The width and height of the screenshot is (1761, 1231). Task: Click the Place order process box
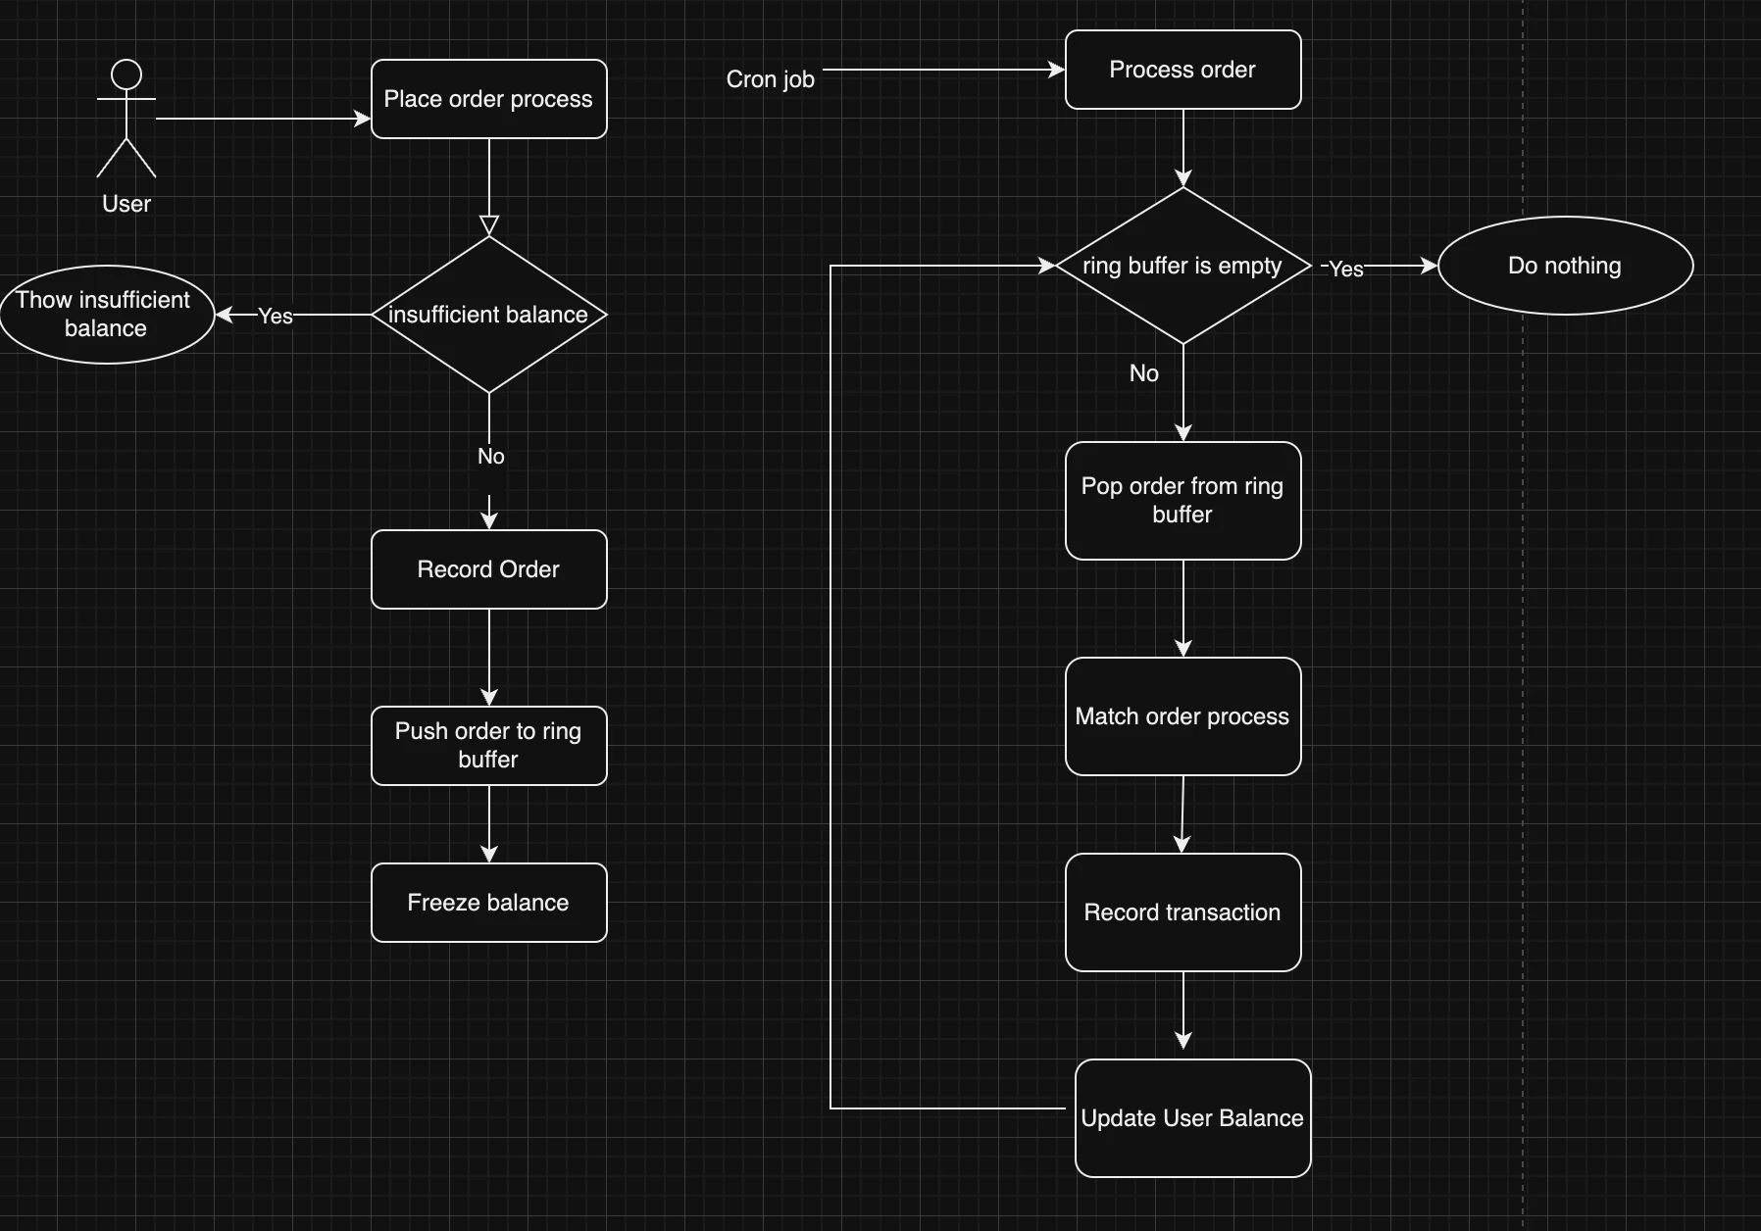pyautogui.click(x=488, y=99)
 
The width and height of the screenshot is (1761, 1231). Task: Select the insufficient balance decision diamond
pyautogui.click(x=488, y=315)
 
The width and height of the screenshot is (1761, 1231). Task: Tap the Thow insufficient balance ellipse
pyautogui.click(x=106, y=315)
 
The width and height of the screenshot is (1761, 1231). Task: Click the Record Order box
pyautogui.click(x=488, y=569)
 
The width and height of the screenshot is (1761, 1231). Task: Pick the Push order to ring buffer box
pyautogui.click(x=488, y=746)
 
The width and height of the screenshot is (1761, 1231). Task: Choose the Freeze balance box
pyautogui.click(x=488, y=903)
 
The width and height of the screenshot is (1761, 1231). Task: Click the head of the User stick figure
pyautogui.click(x=126, y=74)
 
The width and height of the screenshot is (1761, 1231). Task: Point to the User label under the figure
pyautogui.click(x=126, y=204)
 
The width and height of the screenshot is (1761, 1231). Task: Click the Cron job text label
pyautogui.click(x=770, y=79)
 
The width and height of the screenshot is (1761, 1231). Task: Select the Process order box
pyautogui.click(x=1182, y=70)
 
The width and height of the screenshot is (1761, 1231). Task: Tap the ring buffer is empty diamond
pyautogui.click(x=1182, y=266)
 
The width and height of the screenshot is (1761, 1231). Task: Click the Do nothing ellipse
pyautogui.click(x=1565, y=266)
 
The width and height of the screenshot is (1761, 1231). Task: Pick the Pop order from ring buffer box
pyautogui.click(x=1182, y=501)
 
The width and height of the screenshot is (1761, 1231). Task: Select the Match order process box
pyautogui.click(x=1182, y=716)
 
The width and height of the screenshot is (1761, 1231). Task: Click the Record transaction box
pyautogui.click(x=1182, y=912)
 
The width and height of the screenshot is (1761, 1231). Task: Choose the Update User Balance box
pyautogui.click(x=1192, y=1118)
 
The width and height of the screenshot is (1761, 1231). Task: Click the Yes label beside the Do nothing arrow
pyautogui.click(x=1345, y=269)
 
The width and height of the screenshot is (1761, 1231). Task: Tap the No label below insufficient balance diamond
pyautogui.click(x=490, y=457)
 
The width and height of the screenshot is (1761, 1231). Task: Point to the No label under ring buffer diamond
pyautogui.click(x=1143, y=373)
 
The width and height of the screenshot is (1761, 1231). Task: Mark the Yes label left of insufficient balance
pyautogui.click(x=276, y=316)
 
